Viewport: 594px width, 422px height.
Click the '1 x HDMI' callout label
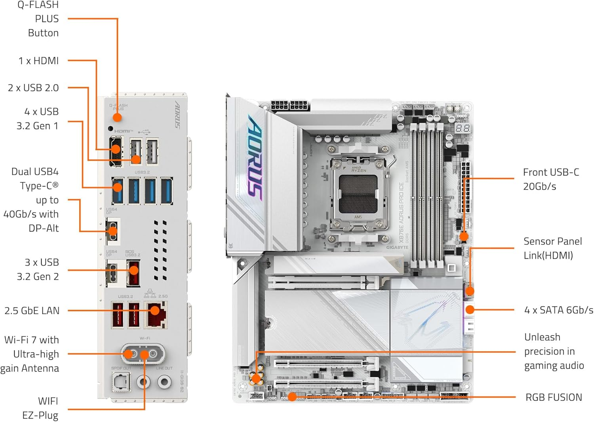(x=38, y=61)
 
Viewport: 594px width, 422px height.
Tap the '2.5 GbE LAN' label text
(x=32, y=311)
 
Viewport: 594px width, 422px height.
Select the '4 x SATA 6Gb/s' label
(x=558, y=310)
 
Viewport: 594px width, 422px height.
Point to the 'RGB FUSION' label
(x=553, y=397)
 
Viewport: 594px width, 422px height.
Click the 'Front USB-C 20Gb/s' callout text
(x=550, y=179)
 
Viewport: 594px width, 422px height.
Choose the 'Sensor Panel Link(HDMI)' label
(x=552, y=248)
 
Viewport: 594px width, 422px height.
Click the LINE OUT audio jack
(x=164, y=382)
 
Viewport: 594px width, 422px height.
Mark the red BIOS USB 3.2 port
(x=133, y=272)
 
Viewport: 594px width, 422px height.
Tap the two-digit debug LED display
(x=463, y=128)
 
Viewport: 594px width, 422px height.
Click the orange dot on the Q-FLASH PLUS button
(x=117, y=117)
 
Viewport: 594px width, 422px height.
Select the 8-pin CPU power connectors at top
(x=290, y=105)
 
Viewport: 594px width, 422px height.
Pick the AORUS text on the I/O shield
(x=178, y=115)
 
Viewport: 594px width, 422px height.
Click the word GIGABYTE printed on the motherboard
(x=397, y=247)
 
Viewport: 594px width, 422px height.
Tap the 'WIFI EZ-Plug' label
(x=40, y=408)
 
